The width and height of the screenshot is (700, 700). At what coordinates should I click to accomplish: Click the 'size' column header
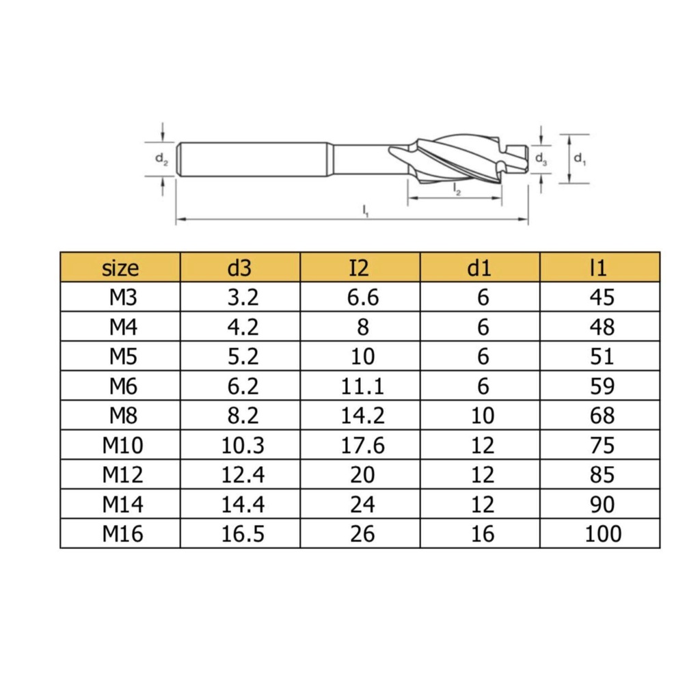pos(120,268)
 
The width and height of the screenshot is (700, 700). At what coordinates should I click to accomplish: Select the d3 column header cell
pos(240,267)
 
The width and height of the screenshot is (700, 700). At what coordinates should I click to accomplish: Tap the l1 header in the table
pos(600,267)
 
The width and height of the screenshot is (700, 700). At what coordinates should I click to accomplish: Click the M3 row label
pos(123,297)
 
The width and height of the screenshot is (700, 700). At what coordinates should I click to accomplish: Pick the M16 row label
pos(123,533)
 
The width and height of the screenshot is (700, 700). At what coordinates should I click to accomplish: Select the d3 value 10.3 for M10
pos(243,445)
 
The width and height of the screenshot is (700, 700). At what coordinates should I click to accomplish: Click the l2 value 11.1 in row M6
pos(362,386)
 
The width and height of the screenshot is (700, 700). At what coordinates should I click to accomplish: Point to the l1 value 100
pos(603,533)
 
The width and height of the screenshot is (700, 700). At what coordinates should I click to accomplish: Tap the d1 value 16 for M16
pos(483,533)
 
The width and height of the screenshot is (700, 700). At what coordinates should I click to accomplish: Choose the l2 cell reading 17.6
pos(362,445)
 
